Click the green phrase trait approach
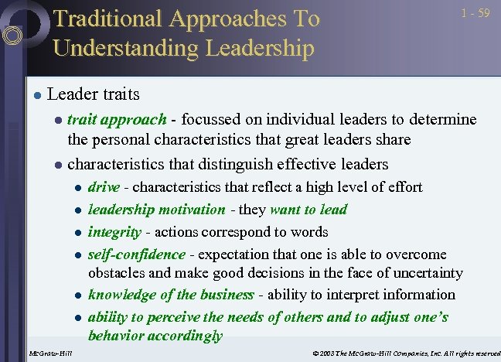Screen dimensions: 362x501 coord(117,119)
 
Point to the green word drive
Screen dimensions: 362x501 coord(104,187)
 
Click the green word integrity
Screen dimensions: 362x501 coord(114,231)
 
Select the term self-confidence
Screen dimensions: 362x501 coord(136,254)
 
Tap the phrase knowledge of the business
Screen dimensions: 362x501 coord(171,294)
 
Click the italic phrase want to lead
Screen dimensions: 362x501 coord(307,209)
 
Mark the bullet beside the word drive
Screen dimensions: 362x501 coord(77,188)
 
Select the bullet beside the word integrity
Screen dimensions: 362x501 coord(77,232)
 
